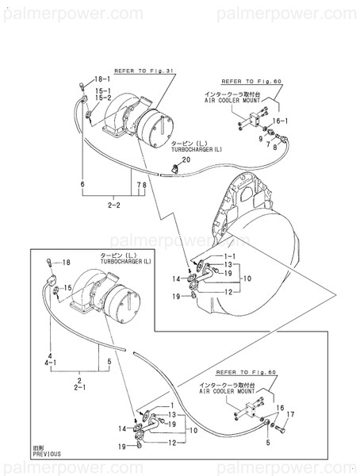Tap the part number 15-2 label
click(x=103, y=98)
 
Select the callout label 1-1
click(x=230, y=258)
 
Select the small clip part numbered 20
click(x=173, y=167)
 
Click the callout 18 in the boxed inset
click(x=67, y=262)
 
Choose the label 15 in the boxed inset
click(x=69, y=288)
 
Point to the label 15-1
click(x=103, y=91)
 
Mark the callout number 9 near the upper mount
click(x=259, y=139)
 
